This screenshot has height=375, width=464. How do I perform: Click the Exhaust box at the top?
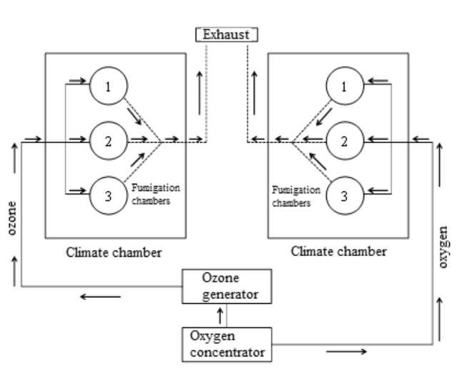pos(226,33)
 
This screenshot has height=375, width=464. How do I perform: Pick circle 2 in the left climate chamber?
pos(109,141)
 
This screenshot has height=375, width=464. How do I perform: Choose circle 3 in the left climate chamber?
pos(109,194)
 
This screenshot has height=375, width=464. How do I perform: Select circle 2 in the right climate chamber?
pos(344,141)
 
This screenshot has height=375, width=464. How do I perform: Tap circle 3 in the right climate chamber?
pos(344,194)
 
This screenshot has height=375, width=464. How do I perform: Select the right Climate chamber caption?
pos(339,251)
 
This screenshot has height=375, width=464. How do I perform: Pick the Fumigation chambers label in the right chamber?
pos(295,196)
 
